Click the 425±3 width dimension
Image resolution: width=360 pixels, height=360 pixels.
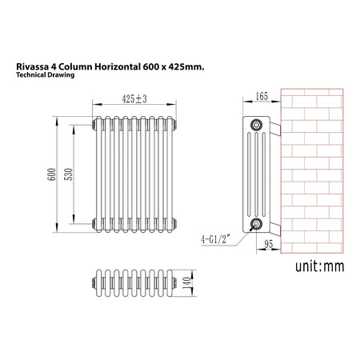coord(134,99)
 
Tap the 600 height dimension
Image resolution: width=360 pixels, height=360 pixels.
coord(52,174)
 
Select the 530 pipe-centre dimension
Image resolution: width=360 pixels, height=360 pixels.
coord(69,174)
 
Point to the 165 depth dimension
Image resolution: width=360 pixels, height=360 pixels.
coord(262,96)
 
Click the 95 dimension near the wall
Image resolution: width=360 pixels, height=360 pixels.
coord(269,244)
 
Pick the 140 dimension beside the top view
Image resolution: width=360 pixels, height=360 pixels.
coord(187,283)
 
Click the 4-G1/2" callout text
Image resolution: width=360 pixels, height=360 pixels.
coord(214,239)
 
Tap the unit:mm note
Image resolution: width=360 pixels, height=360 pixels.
coord(320,266)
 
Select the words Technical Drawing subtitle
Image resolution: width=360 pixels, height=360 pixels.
coord(45,75)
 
